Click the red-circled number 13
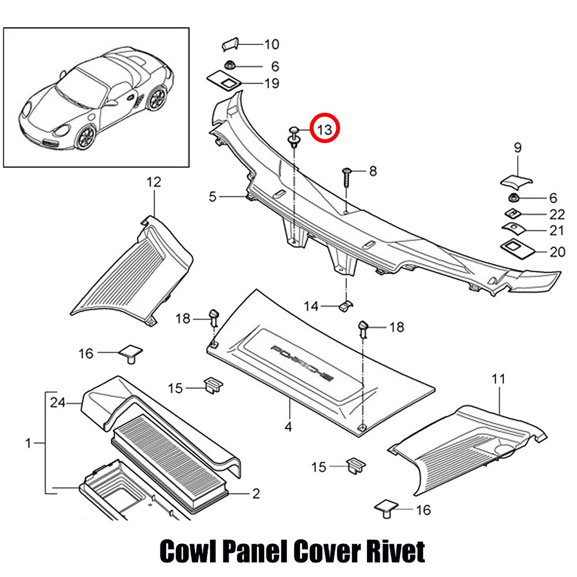[324, 129]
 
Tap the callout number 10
[272, 44]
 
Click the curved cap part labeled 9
[516, 181]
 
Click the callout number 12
[154, 182]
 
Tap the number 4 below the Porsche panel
[288, 427]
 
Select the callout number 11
[499, 379]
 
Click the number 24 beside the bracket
[58, 403]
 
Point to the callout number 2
[256, 493]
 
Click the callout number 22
[557, 214]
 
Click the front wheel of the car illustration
[85, 137]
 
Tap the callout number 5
[212, 197]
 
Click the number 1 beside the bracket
[28, 443]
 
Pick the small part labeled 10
[230, 44]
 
